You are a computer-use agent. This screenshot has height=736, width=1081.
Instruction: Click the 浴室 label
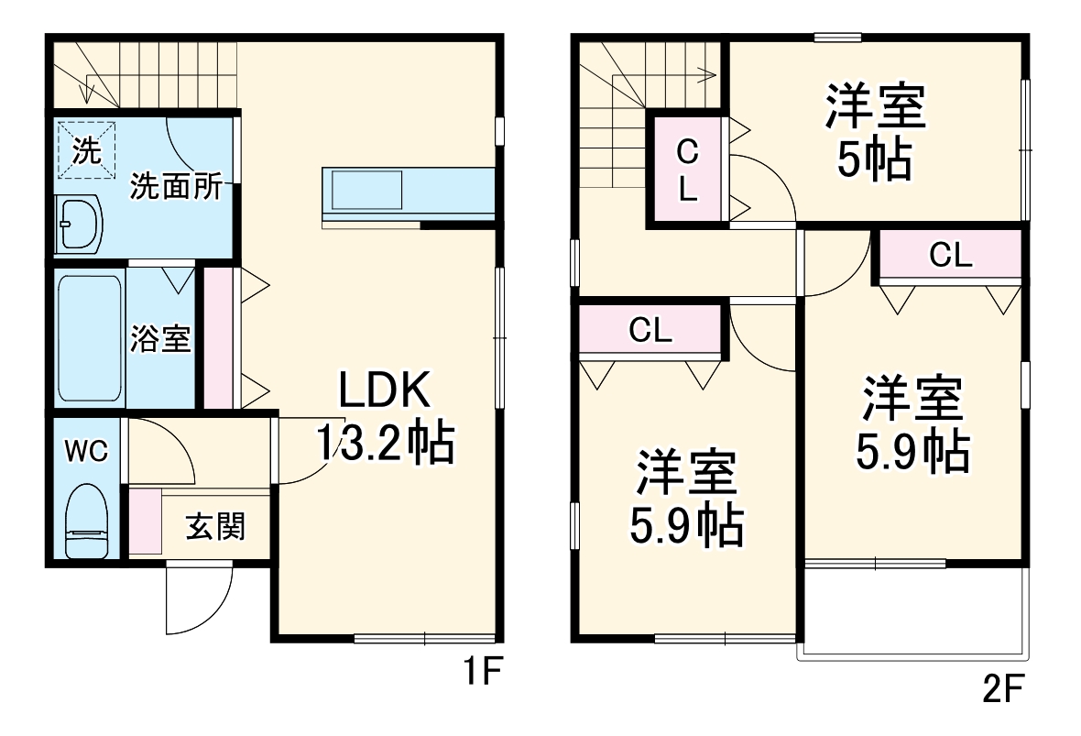tap(160, 339)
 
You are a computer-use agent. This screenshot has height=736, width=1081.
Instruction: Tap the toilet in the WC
tap(88, 522)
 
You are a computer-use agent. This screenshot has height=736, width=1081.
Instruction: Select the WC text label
tap(86, 450)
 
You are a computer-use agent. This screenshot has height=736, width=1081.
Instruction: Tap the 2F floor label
tap(1002, 688)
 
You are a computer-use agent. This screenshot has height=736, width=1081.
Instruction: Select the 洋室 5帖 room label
tap(875, 133)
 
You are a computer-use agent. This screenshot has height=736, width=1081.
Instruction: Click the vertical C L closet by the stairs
tap(688, 171)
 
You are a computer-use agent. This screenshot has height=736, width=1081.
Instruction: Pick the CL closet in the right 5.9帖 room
tap(950, 256)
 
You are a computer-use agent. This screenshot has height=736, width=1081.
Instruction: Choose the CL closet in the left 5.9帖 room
tap(650, 331)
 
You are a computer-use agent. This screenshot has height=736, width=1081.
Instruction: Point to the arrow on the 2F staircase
tap(705, 71)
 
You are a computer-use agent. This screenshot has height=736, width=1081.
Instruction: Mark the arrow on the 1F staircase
tap(86, 92)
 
